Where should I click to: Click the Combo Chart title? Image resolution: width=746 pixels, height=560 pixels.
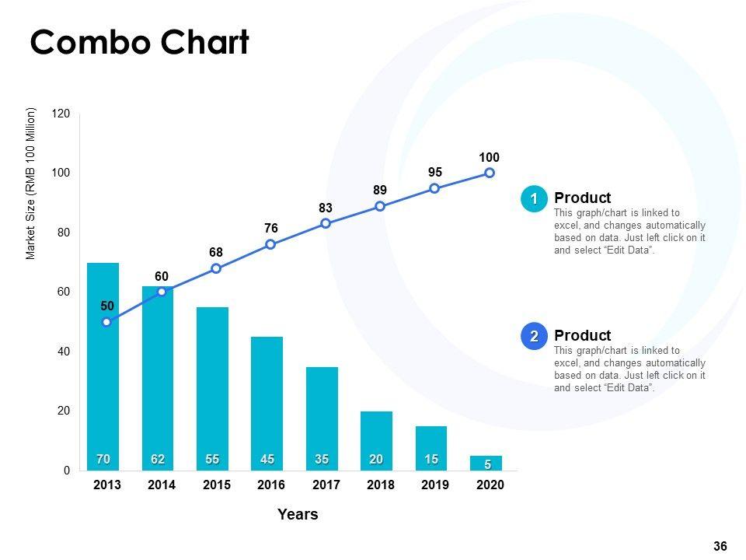point(140,43)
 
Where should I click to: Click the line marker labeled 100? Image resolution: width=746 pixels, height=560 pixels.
point(490,173)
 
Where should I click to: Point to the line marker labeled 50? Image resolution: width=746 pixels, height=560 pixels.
point(106,322)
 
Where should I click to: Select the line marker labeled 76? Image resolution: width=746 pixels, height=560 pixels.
point(270,244)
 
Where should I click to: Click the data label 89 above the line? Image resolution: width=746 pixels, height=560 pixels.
point(380,191)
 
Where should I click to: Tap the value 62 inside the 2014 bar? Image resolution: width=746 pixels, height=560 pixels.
point(158,460)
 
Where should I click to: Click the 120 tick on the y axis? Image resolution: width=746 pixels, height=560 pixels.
point(61,114)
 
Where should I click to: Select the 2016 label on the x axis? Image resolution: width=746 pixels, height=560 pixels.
point(271,485)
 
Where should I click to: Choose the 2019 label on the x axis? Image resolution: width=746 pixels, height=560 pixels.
point(435,485)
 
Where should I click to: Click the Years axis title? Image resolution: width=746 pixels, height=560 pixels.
point(298,514)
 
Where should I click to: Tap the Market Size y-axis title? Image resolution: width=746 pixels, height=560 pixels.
point(31,184)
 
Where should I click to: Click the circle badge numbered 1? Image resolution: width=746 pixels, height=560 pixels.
point(534,199)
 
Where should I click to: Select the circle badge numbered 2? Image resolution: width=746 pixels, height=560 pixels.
point(534,337)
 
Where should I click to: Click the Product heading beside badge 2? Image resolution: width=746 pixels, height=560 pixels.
point(583,335)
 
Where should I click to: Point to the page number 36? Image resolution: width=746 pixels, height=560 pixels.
point(720,547)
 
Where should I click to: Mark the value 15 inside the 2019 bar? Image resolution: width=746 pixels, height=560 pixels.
point(431,460)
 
